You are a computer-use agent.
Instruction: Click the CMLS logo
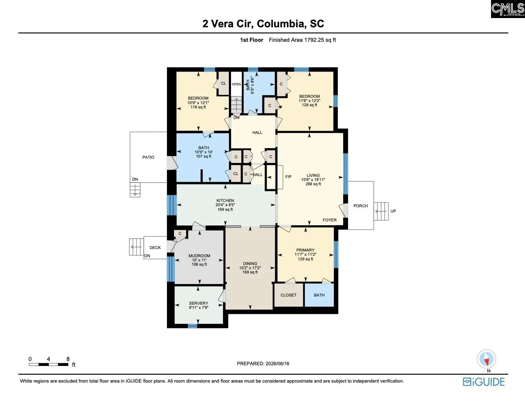click(508, 9)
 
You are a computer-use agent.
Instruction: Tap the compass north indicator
click(486, 359)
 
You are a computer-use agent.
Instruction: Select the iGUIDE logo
click(484, 382)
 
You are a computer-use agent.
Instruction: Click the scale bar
click(48, 365)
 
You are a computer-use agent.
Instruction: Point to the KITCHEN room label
click(225, 200)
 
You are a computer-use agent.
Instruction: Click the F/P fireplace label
click(288, 177)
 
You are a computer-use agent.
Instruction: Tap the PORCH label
click(360, 206)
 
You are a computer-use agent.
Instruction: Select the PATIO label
click(148, 157)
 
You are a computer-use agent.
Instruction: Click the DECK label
click(155, 248)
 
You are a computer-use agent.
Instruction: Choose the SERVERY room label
click(198, 303)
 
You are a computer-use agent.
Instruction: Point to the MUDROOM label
click(199, 256)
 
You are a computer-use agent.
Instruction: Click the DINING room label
click(250, 264)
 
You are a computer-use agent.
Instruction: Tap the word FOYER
click(330, 220)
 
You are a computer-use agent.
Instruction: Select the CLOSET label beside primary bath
click(288, 295)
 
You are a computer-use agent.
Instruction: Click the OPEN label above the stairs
click(236, 84)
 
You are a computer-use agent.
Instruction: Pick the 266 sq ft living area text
click(313, 184)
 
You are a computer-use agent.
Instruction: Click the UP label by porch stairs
click(393, 211)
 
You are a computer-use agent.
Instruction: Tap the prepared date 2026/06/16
click(277, 363)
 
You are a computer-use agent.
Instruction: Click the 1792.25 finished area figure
click(314, 40)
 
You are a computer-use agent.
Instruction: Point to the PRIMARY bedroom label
click(305, 250)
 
